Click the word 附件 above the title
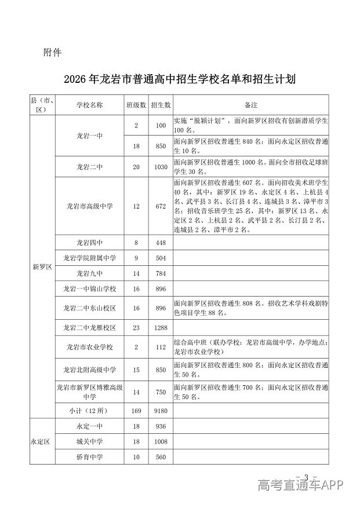(52, 53)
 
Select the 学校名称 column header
(89, 105)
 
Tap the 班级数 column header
(136, 105)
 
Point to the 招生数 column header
(161, 105)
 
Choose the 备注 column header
(251, 105)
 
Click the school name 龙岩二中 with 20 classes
(89, 167)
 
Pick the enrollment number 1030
(161, 167)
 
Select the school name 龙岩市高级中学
(89, 206)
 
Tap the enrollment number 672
(161, 206)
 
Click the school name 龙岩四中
(89, 243)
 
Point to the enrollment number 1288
(161, 328)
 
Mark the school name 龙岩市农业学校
(89, 347)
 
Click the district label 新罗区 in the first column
(42, 267)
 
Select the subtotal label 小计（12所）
(89, 411)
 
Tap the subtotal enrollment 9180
(161, 411)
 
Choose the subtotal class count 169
(136, 411)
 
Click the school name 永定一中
(89, 426)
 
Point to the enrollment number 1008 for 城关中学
(161, 441)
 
